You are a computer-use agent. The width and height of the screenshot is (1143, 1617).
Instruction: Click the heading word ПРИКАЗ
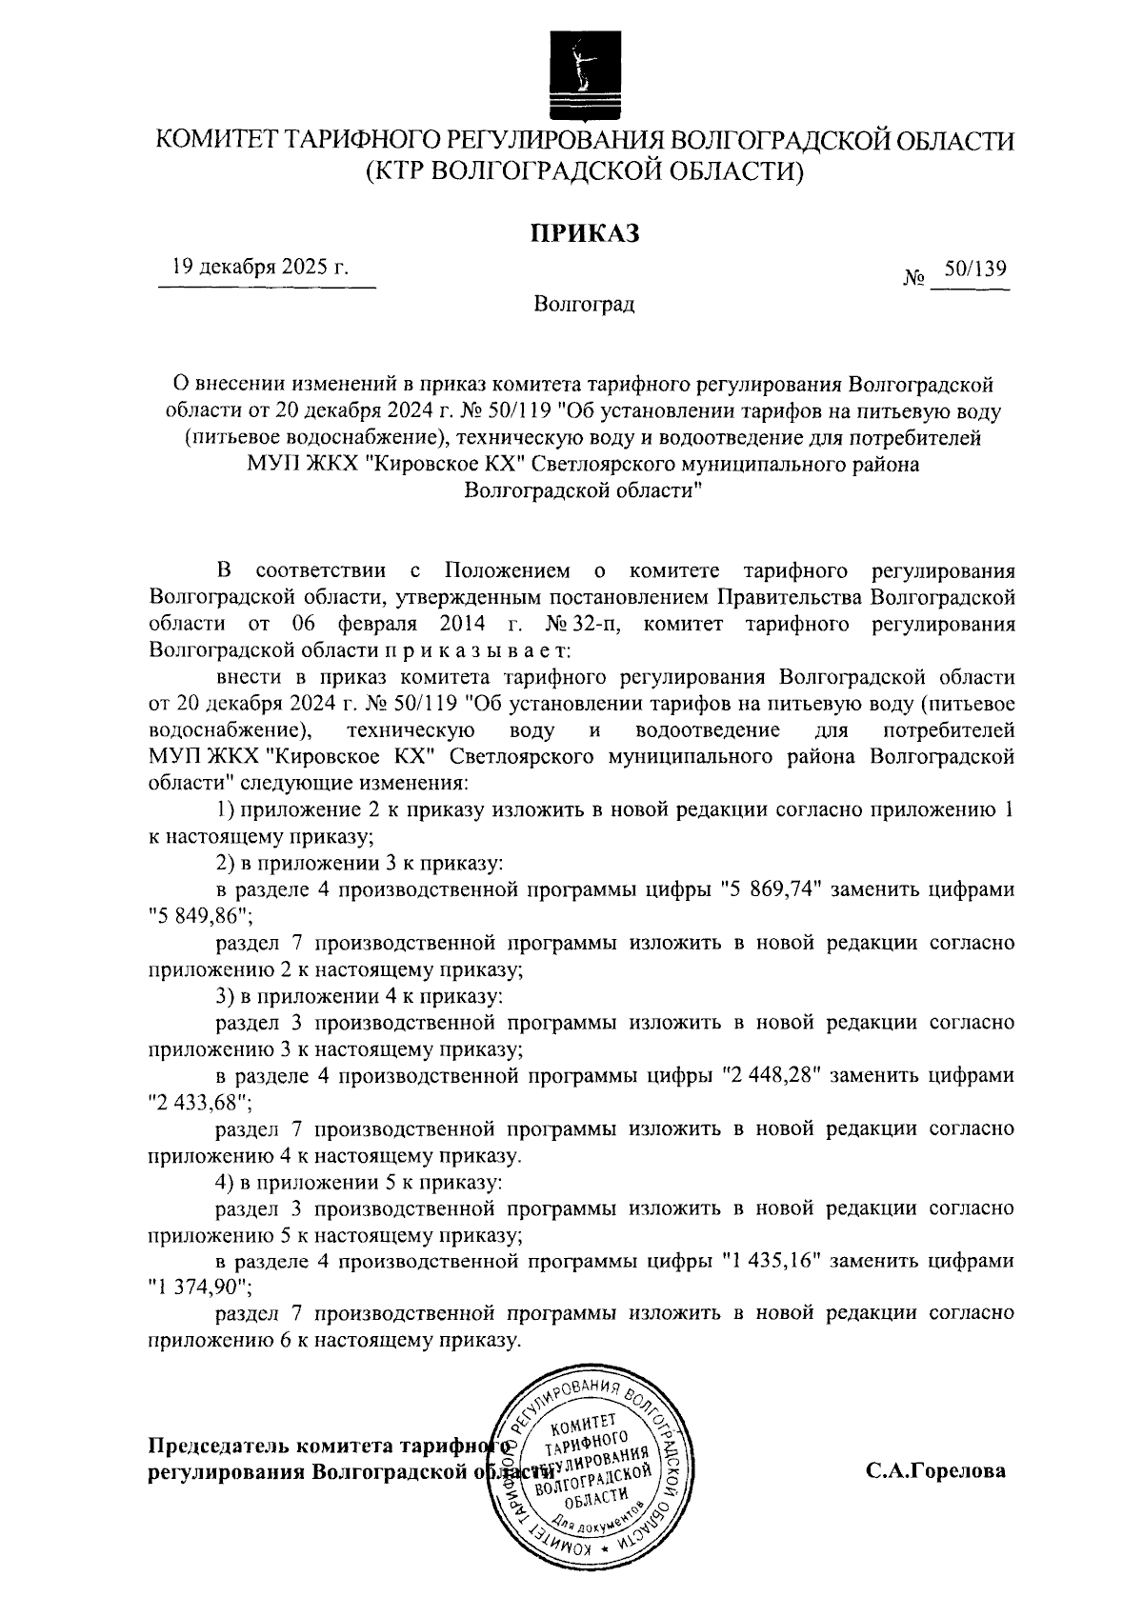pos(584,232)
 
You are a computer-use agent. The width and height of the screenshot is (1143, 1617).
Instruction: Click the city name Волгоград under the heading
pos(584,306)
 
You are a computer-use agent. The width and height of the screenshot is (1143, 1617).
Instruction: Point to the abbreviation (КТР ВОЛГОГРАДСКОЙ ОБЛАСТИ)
pos(585,172)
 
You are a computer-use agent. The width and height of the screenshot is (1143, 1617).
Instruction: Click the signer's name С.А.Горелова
pos(935,1470)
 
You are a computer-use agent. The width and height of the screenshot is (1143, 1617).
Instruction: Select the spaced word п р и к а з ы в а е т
pos(479,651)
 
